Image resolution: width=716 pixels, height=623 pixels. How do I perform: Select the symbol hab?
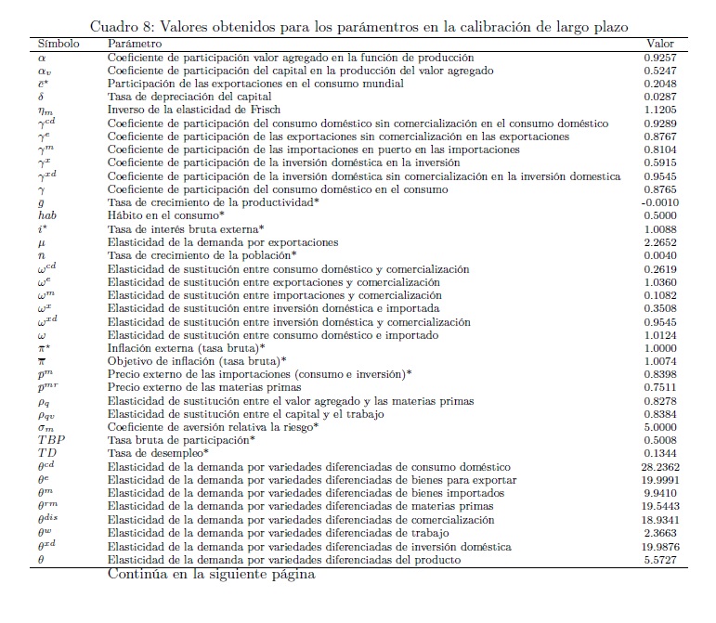pyautogui.click(x=47, y=215)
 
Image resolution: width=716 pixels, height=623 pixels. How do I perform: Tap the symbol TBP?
pyautogui.click(x=50, y=440)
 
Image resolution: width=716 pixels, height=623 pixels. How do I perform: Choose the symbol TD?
pyautogui.click(x=47, y=453)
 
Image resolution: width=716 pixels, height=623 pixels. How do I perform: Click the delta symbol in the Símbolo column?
pyautogui.click(x=42, y=97)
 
